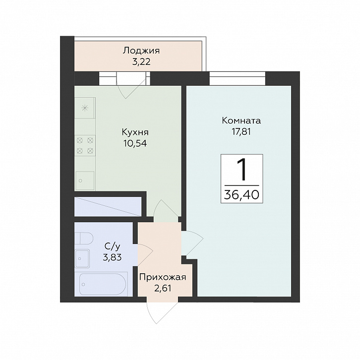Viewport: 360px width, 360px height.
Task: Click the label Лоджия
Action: click(141, 51)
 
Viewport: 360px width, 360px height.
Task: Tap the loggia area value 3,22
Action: click(141, 62)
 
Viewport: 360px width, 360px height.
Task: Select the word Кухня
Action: click(135, 132)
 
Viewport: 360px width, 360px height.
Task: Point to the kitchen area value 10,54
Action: click(135, 143)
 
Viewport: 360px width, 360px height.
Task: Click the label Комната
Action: click(241, 121)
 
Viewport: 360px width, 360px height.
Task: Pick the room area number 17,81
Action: click(241, 132)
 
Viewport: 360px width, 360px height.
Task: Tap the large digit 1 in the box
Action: click(242, 170)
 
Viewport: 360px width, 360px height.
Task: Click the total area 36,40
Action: click(241, 195)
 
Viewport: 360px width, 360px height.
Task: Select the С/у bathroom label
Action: click(112, 246)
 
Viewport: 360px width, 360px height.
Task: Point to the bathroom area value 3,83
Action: click(112, 257)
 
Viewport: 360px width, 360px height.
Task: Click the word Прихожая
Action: click(163, 278)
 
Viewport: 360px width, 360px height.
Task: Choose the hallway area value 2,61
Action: click(163, 288)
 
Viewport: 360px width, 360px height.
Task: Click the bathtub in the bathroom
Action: click(103, 284)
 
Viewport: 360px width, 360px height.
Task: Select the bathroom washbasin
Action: click(82, 258)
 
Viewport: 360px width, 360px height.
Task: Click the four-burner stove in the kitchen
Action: click(85, 145)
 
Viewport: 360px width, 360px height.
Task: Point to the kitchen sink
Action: click(85, 180)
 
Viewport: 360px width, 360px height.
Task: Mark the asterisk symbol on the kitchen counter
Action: click(85, 108)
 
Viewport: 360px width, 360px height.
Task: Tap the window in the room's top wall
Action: click(238, 78)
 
